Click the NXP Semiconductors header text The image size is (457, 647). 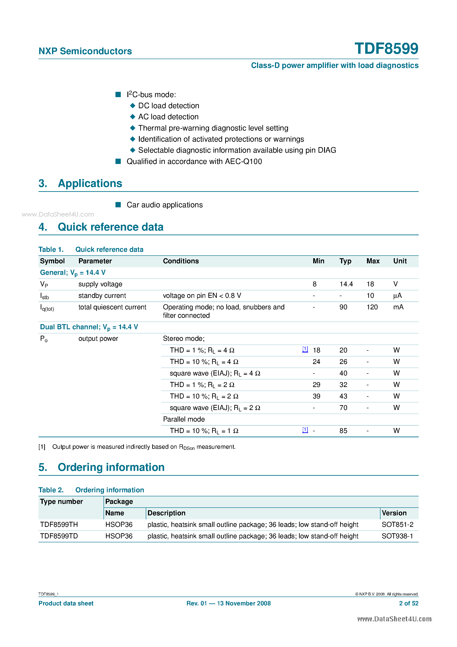coord(85,51)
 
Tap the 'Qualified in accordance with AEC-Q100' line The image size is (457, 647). coord(194,162)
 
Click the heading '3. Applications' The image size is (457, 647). coord(80,183)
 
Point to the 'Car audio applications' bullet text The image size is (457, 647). coord(165,205)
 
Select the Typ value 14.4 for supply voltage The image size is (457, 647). coord(346,284)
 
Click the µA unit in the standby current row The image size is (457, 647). coord(397,296)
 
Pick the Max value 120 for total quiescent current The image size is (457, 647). coord(372,307)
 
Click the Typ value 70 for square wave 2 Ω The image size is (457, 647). coord(343,408)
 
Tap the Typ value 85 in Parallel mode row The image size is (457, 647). coord(343,431)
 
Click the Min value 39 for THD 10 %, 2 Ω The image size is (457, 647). coord(316,396)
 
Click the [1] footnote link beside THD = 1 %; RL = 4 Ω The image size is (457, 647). coord(305,349)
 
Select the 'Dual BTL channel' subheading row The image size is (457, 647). coord(89,327)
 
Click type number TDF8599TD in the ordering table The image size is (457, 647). coord(59,536)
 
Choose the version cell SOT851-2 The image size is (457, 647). coord(397,524)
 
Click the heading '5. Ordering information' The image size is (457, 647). coord(102,467)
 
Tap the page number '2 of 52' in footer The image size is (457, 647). coord(409,603)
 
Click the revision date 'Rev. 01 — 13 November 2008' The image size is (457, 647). coord(228,603)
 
